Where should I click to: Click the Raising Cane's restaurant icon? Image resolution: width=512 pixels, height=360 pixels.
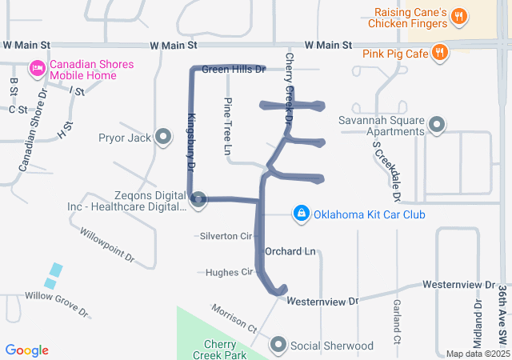(x=459, y=16)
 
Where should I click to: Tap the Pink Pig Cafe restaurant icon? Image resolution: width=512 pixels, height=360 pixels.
(x=439, y=53)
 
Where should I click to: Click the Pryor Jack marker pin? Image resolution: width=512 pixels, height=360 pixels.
(x=164, y=138)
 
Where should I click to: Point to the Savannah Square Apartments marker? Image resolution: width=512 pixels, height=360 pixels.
(x=437, y=125)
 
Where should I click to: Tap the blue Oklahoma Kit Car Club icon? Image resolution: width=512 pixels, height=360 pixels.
(x=301, y=214)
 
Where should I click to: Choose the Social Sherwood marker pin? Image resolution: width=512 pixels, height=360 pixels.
(x=278, y=345)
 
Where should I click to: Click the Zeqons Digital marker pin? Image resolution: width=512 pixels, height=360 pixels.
(x=198, y=199)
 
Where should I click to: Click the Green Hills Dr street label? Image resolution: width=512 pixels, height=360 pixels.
(x=234, y=70)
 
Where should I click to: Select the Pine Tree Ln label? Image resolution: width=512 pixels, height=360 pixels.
(x=228, y=126)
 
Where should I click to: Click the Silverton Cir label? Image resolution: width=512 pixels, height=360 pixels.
(x=226, y=236)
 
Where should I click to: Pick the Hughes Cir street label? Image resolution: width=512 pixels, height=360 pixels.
(x=229, y=272)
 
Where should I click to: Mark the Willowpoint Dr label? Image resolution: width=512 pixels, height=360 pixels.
(x=107, y=246)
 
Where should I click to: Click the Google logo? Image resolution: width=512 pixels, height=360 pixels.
(x=26, y=350)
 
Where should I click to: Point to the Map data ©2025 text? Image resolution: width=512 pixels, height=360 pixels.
(x=477, y=354)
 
